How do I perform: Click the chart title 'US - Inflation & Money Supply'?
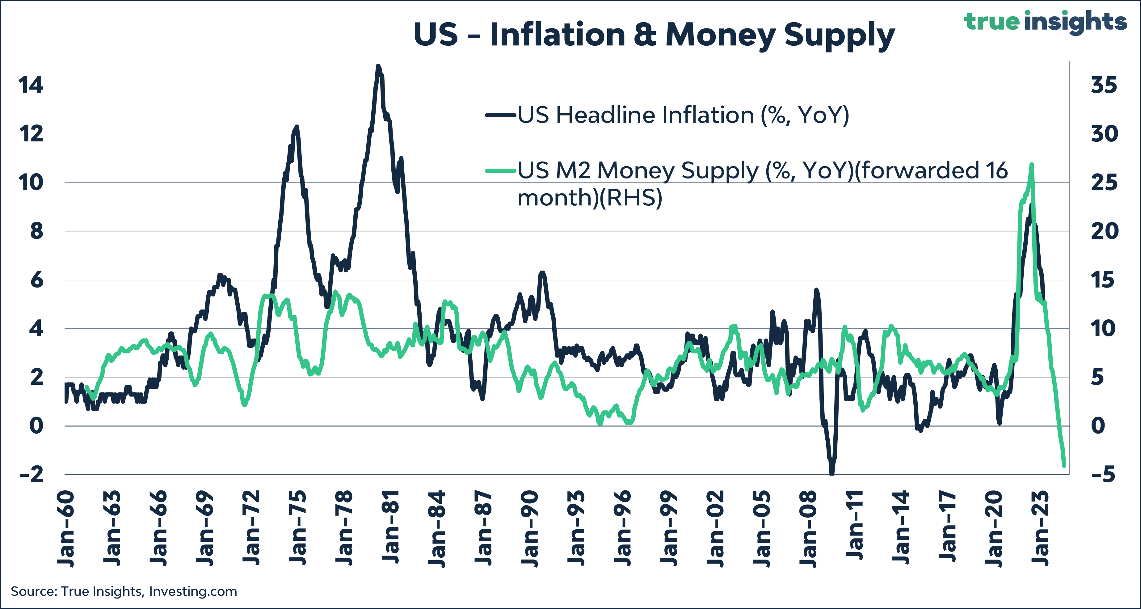654,35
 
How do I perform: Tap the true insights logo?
1045,21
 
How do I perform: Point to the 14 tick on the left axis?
31,85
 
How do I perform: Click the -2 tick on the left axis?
32,474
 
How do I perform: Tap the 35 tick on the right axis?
1104,85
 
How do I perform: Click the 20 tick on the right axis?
1104,231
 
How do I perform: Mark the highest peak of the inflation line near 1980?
378,66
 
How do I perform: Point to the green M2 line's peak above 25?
1032,165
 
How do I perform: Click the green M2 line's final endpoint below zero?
1064,465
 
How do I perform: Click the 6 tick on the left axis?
37,280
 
